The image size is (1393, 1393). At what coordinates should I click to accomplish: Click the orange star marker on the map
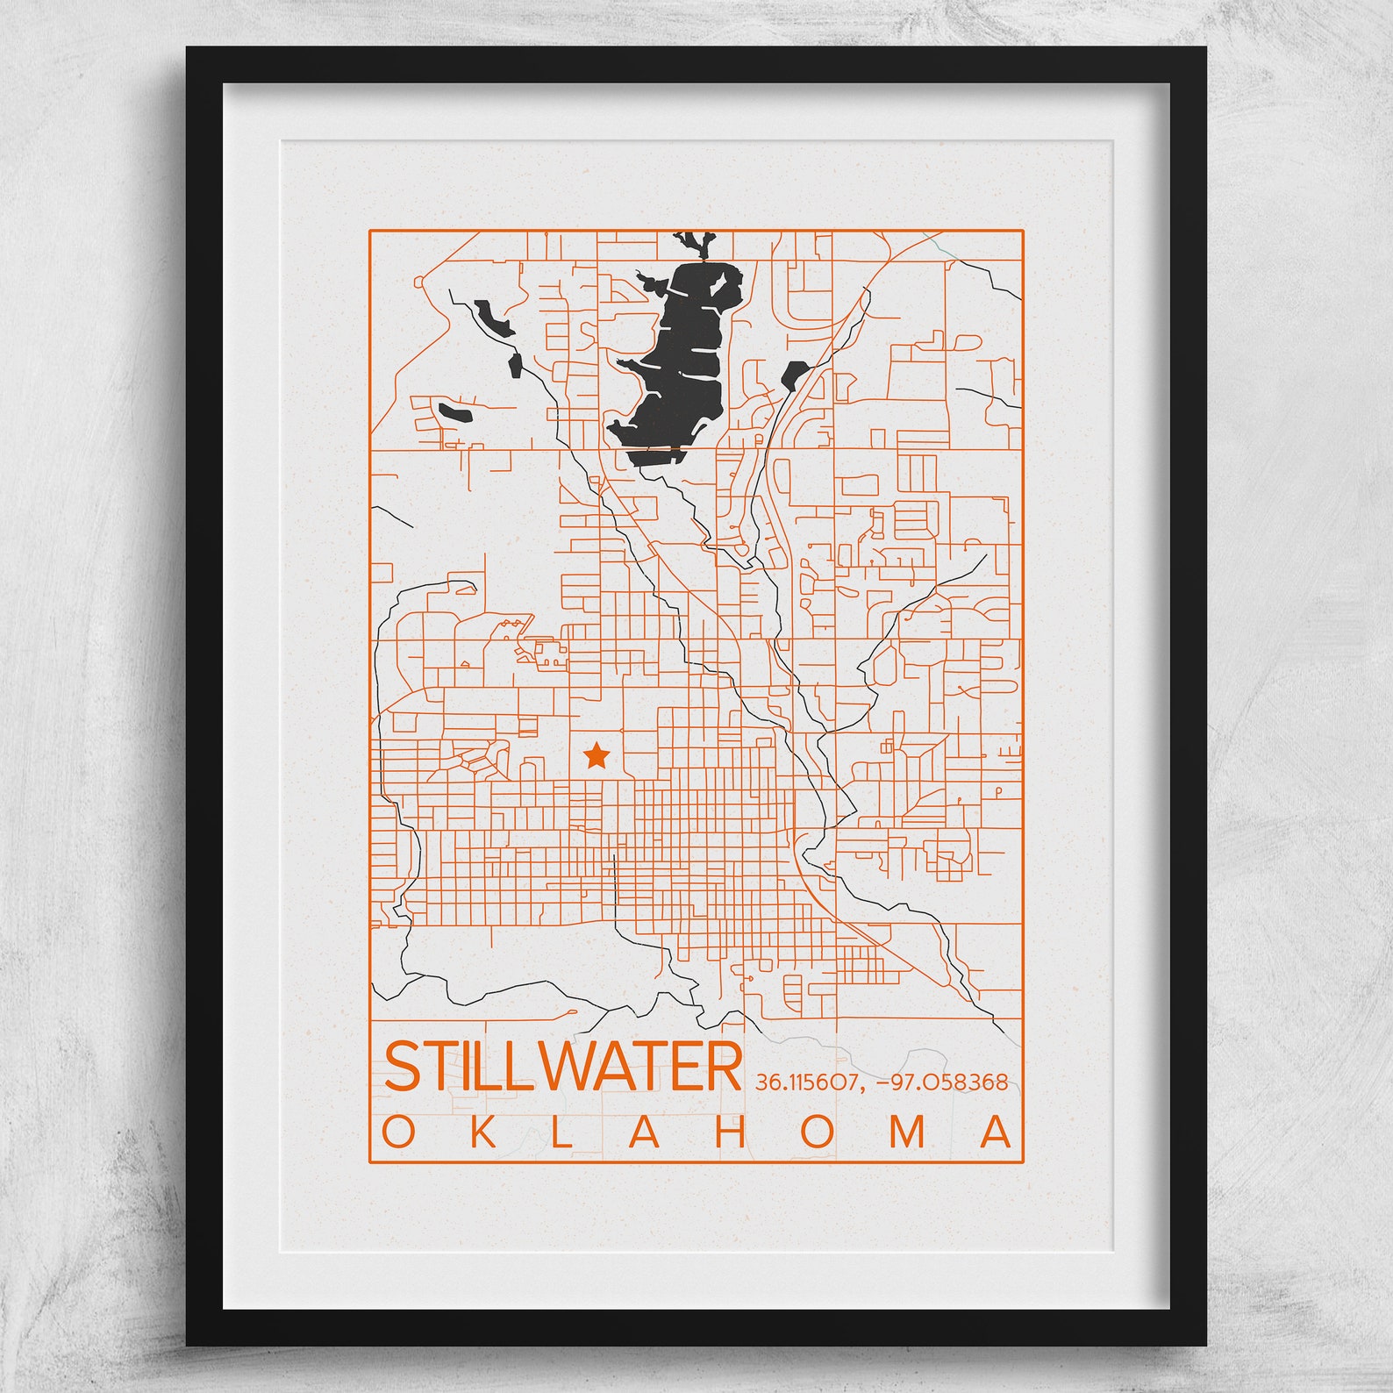point(596,754)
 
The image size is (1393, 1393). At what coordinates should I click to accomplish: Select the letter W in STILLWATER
point(571,1066)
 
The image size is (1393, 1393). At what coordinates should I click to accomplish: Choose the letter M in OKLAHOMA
point(907,1132)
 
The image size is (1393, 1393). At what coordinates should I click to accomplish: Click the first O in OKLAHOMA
point(399,1132)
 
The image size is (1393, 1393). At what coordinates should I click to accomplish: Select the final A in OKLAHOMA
point(996,1132)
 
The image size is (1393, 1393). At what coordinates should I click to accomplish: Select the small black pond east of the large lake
point(795,373)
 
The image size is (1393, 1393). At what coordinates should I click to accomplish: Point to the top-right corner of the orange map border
point(1023,231)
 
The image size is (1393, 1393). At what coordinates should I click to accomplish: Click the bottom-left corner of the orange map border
point(369,1162)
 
